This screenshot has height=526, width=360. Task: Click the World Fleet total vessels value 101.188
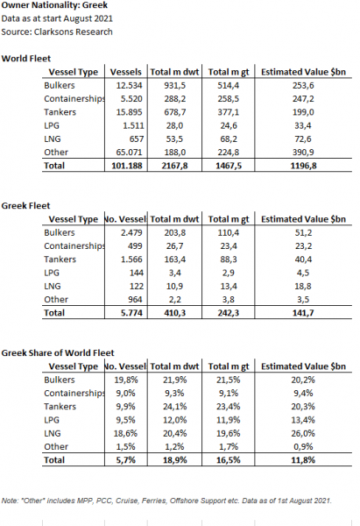(x=127, y=166)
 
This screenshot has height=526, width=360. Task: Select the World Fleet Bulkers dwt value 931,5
(x=174, y=86)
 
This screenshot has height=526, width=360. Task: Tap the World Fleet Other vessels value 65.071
(x=129, y=153)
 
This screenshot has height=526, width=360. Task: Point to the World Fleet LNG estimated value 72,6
(x=303, y=139)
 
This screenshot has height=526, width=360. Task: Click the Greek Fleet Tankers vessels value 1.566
(x=131, y=259)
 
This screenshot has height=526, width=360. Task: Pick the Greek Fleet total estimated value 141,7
(x=303, y=313)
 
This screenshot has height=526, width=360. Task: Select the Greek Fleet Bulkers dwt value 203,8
(x=174, y=232)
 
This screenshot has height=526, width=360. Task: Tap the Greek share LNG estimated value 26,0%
(x=303, y=433)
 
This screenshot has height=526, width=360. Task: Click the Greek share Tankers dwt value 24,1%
(x=174, y=406)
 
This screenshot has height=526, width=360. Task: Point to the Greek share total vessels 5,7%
(x=126, y=460)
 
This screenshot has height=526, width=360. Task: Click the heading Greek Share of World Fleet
(x=58, y=353)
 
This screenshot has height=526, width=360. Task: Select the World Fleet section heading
(x=26, y=59)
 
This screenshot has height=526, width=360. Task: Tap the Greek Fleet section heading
(x=25, y=206)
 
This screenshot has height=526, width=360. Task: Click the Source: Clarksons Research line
(x=57, y=32)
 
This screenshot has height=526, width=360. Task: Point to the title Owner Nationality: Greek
(x=54, y=5)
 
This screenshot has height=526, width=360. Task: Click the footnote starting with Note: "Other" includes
(x=166, y=501)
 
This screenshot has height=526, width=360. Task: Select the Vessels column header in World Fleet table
(x=126, y=72)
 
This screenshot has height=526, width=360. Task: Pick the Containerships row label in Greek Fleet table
(x=74, y=245)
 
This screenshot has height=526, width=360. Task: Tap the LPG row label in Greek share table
(x=52, y=420)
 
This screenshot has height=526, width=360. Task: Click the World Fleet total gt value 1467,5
(x=229, y=166)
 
